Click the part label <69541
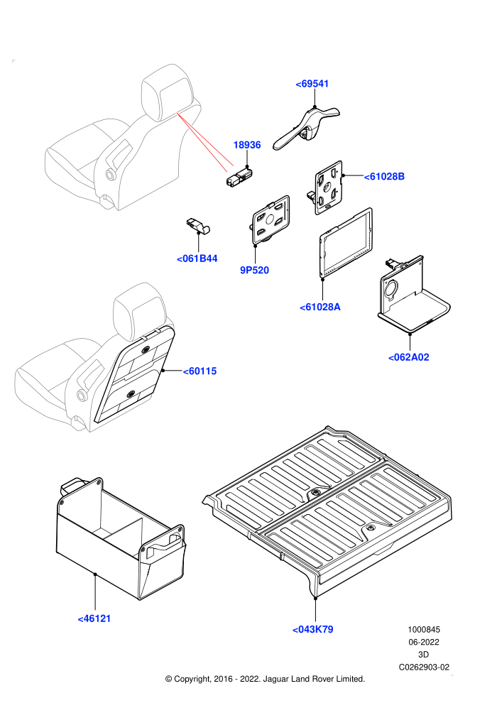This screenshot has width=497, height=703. click(312, 84)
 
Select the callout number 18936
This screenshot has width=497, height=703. click(247, 145)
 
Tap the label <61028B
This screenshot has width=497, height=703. click(384, 177)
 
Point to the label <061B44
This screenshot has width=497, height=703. click(197, 258)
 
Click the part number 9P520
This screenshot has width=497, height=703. click(255, 270)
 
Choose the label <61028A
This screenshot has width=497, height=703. click(320, 307)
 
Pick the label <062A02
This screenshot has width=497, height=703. click(409, 357)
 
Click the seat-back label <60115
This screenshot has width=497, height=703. click(200, 371)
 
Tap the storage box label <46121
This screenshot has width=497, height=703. click(94, 618)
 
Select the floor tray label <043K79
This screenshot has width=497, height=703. click(313, 629)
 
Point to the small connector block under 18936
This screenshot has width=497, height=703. click(240, 177)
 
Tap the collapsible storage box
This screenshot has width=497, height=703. click(120, 538)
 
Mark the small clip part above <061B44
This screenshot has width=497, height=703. click(198, 226)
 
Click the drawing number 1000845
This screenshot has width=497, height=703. click(424, 629)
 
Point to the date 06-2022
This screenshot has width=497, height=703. click(424, 642)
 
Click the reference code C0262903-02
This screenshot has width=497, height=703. click(424, 667)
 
